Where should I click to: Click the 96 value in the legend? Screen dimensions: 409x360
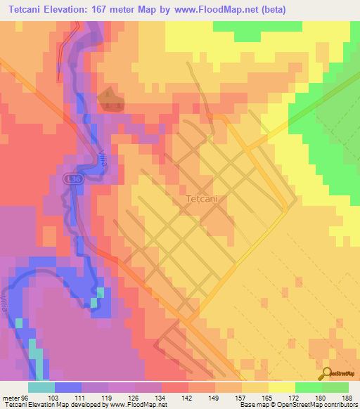click(27, 397)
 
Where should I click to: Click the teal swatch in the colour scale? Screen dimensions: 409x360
click(41, 387)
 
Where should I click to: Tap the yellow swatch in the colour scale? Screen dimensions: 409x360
click(281, 387)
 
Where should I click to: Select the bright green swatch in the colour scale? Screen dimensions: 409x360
click(308, 387)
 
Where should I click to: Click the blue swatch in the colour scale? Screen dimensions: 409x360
click(67, 387)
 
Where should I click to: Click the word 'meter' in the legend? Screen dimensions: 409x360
click(11, 397)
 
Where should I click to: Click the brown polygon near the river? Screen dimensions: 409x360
click(110, 100)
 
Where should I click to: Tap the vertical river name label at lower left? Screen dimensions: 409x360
click(8, 308)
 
